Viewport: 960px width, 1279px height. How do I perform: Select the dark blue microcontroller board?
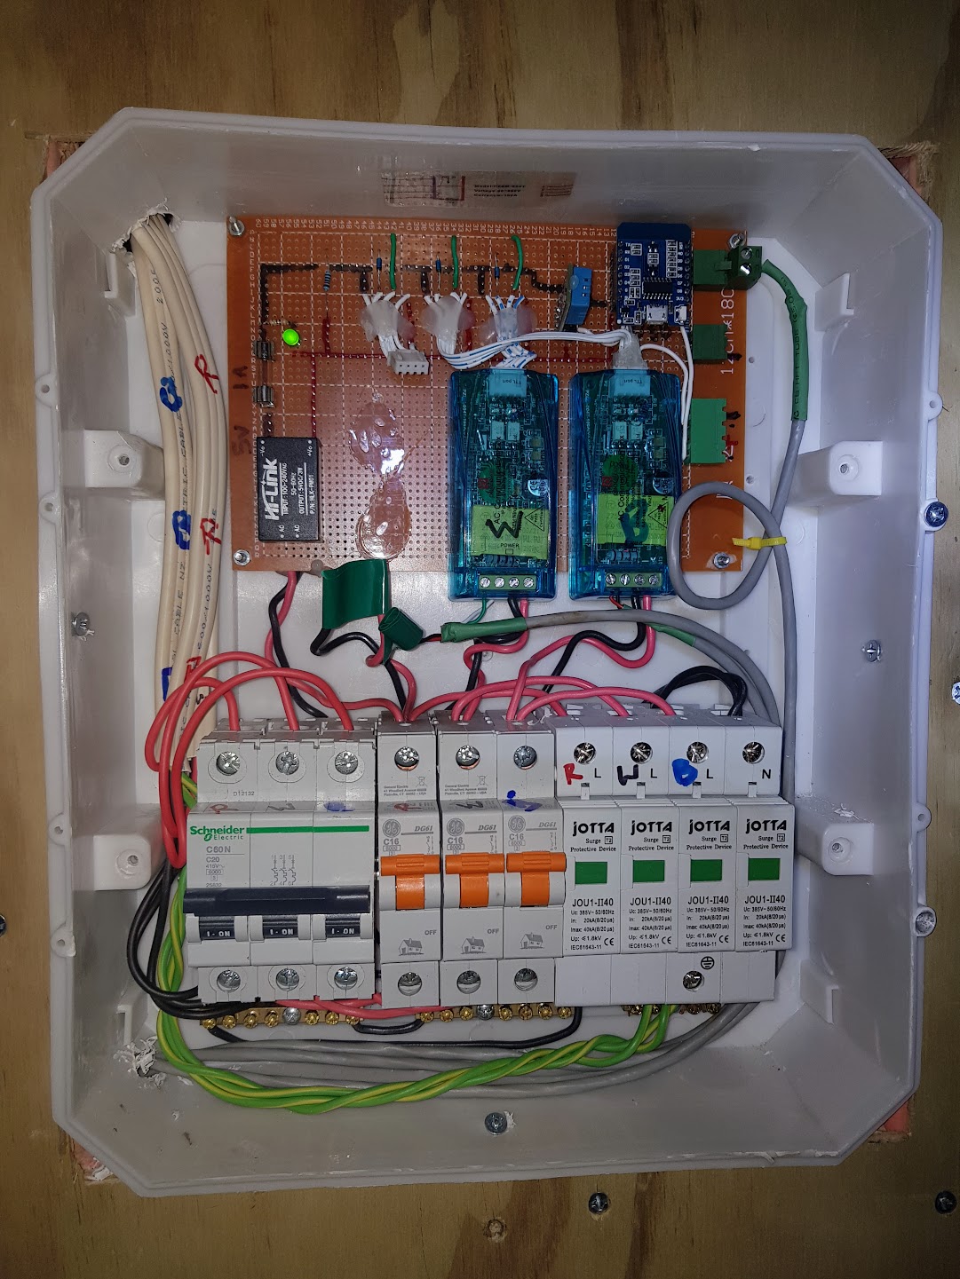655,274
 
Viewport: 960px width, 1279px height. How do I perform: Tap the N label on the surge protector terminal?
765,775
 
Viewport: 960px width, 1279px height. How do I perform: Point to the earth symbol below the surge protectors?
694,979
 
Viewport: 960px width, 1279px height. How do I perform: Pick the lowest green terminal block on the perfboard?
708,430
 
